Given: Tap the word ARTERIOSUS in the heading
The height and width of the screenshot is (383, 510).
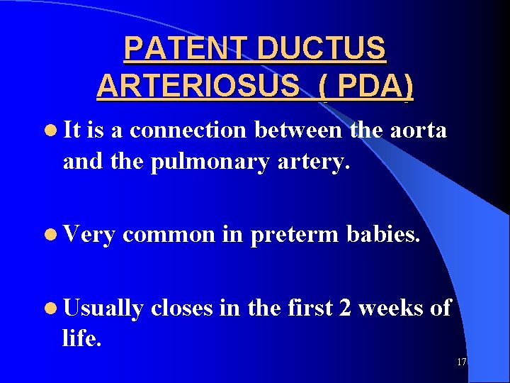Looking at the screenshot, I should pyautogui.click(x=198, y=87).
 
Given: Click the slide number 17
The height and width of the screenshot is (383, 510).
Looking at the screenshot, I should pyautogui.click(x=461, y=362).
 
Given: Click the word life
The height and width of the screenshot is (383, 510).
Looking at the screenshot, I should pyautogui.click(x=81, y=338).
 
